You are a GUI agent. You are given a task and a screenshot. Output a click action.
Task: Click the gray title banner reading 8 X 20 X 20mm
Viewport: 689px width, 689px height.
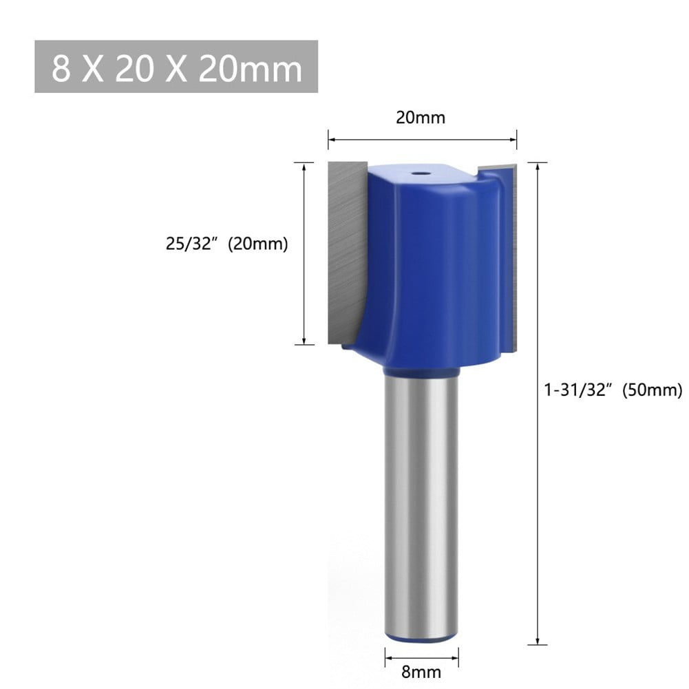point(176,67)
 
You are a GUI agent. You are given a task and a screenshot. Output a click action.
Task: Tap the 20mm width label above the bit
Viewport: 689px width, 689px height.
point(420,118)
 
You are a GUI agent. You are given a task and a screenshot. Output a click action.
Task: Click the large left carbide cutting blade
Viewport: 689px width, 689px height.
point(344,248)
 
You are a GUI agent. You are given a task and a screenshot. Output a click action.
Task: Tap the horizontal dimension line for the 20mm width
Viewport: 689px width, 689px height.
point(421,140)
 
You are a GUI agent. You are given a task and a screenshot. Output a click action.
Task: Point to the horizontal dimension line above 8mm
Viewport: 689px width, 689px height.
point(421,650)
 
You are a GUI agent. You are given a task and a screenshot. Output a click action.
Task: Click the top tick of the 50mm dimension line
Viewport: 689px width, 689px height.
point(537,162)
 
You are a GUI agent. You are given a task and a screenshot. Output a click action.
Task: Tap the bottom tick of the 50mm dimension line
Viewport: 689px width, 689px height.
point(537,644)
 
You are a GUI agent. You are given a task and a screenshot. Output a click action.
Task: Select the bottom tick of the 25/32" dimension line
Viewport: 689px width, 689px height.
point(304,344)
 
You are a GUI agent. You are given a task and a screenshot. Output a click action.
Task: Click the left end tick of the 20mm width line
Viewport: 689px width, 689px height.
point(328,140)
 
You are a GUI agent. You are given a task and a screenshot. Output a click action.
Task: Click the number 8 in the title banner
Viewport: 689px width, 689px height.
point(61,67)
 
